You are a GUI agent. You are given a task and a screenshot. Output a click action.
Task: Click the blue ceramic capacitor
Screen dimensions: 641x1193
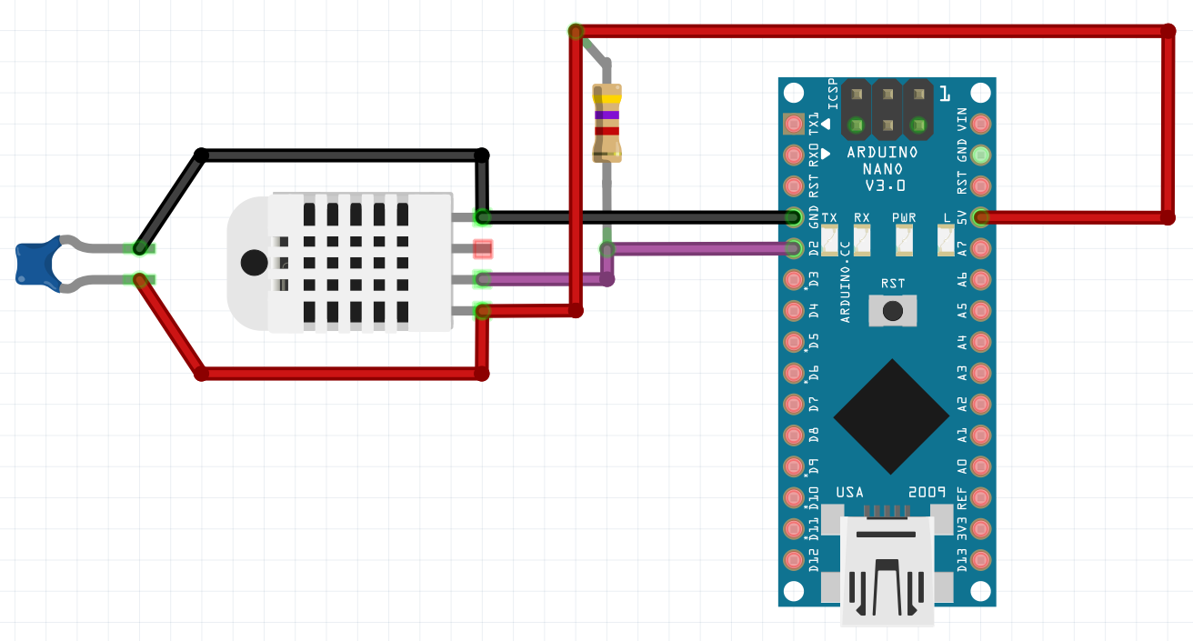[x=37, y=264]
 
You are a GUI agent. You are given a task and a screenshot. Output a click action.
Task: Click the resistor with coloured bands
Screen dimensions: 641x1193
[x=607, y=123]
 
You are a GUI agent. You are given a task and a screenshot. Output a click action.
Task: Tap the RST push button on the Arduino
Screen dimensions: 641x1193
[x=893, y=311]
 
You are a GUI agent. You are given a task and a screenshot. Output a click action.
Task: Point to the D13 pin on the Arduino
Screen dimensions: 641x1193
[x=980, y=559]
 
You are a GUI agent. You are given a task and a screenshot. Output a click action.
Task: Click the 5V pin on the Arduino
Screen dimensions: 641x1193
[x=980, y=217]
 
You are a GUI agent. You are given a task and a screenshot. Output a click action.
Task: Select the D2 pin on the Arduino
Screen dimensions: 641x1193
[x=794, y=247]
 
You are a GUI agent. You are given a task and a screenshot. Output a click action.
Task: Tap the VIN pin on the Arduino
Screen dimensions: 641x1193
[x=980, y=123]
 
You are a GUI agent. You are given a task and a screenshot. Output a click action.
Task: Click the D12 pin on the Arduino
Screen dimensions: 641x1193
[x=794, y=559]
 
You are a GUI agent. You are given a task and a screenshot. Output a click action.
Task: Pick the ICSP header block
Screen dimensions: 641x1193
[x=887, y=109]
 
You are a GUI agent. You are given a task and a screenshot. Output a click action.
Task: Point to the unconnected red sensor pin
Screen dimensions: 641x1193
[x=482, y=247]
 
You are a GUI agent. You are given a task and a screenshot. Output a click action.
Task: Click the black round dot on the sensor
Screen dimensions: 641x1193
[x=254, y=263]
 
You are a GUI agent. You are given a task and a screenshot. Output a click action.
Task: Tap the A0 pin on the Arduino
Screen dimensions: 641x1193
[x=980, y=466]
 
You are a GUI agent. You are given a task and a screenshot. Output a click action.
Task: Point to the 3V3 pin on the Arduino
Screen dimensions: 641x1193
[x=980, y=528]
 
